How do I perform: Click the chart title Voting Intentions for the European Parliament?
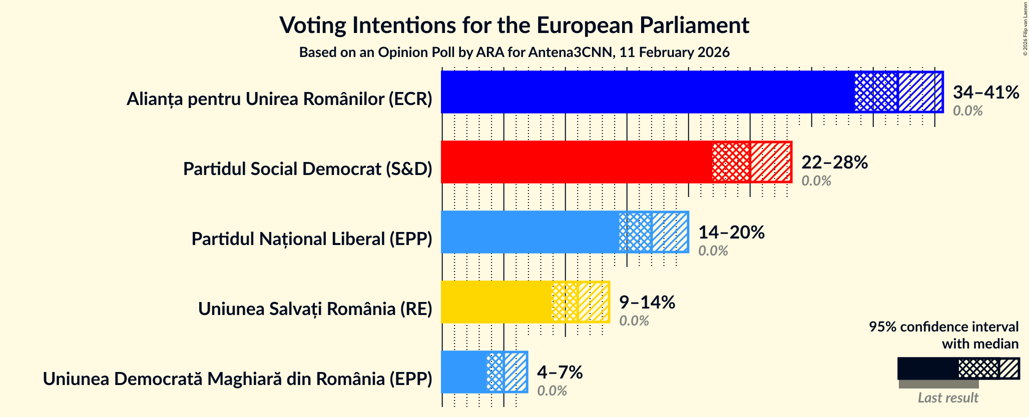pyautogui.click(x=514, y=25)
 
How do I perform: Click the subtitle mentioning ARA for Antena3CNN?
pyautogui.click(x=514, y=52)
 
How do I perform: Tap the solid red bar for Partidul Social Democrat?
pyautogui.click(x=576, y=162)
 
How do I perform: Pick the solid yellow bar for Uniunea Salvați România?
pyautogui.click(x=496, y=302)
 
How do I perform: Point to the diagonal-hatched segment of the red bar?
pyautogui.click(x=771, y=162)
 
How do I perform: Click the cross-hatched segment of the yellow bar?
pyautogui.click(x=565, y=302)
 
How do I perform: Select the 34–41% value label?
pyautogui.click(x=985, y=92)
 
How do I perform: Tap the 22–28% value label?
pyautogui.click(x=834, y=162)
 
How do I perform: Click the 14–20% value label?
pyautogui.click(x=731, y=232)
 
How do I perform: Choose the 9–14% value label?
pyautogui.click(x=647, y=302)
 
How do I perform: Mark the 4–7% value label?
pyautogui.click(x=560, y=372)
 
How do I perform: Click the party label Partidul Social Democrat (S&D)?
pyautogui.click(x=307, y=169)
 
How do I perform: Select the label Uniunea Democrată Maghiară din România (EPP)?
pyautogui.click(x=237, y=379)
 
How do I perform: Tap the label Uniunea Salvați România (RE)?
pyautogui.click(x=315, y=309)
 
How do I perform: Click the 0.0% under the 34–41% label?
pyautogui.click(x=967, y=110)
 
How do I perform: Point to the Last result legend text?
pyautogui.click(x=947, y=397)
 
